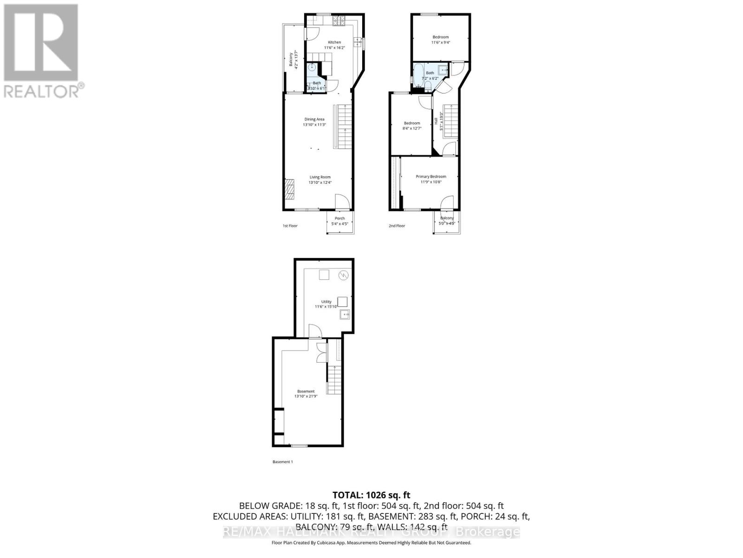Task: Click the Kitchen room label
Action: click(334, 42)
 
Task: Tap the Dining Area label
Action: click(314, 120)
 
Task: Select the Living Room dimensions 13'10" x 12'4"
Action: click(320, 183)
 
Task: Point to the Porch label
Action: click(340, 219)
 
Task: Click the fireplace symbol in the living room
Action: click(289, 189)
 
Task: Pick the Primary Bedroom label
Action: click(431, 177)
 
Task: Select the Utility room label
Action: click(326, 302)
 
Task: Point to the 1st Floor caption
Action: click(290, 226)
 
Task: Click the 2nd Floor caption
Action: click(397, 226)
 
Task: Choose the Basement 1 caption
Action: click(282, 462)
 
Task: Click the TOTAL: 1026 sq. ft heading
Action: click(371, 495)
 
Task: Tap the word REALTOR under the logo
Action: click(42, 91)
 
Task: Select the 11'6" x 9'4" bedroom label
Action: click(441, 40)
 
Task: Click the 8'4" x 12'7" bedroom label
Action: click(411, 126)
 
